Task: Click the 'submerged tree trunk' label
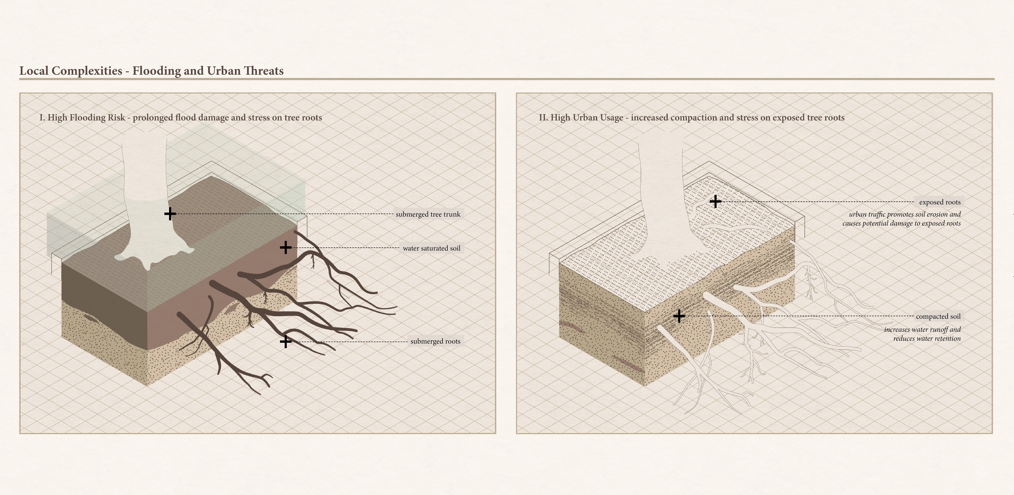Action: (x=428, y=214)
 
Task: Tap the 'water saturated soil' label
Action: (x=431, y=248)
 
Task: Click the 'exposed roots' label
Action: (x=940, y=202)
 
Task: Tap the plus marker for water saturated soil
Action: (x=286, y=248)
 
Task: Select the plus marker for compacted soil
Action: (x=679, y=316)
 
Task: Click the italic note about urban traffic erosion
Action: (x=901, y=219)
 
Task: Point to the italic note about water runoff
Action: (x=922, y=334)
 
